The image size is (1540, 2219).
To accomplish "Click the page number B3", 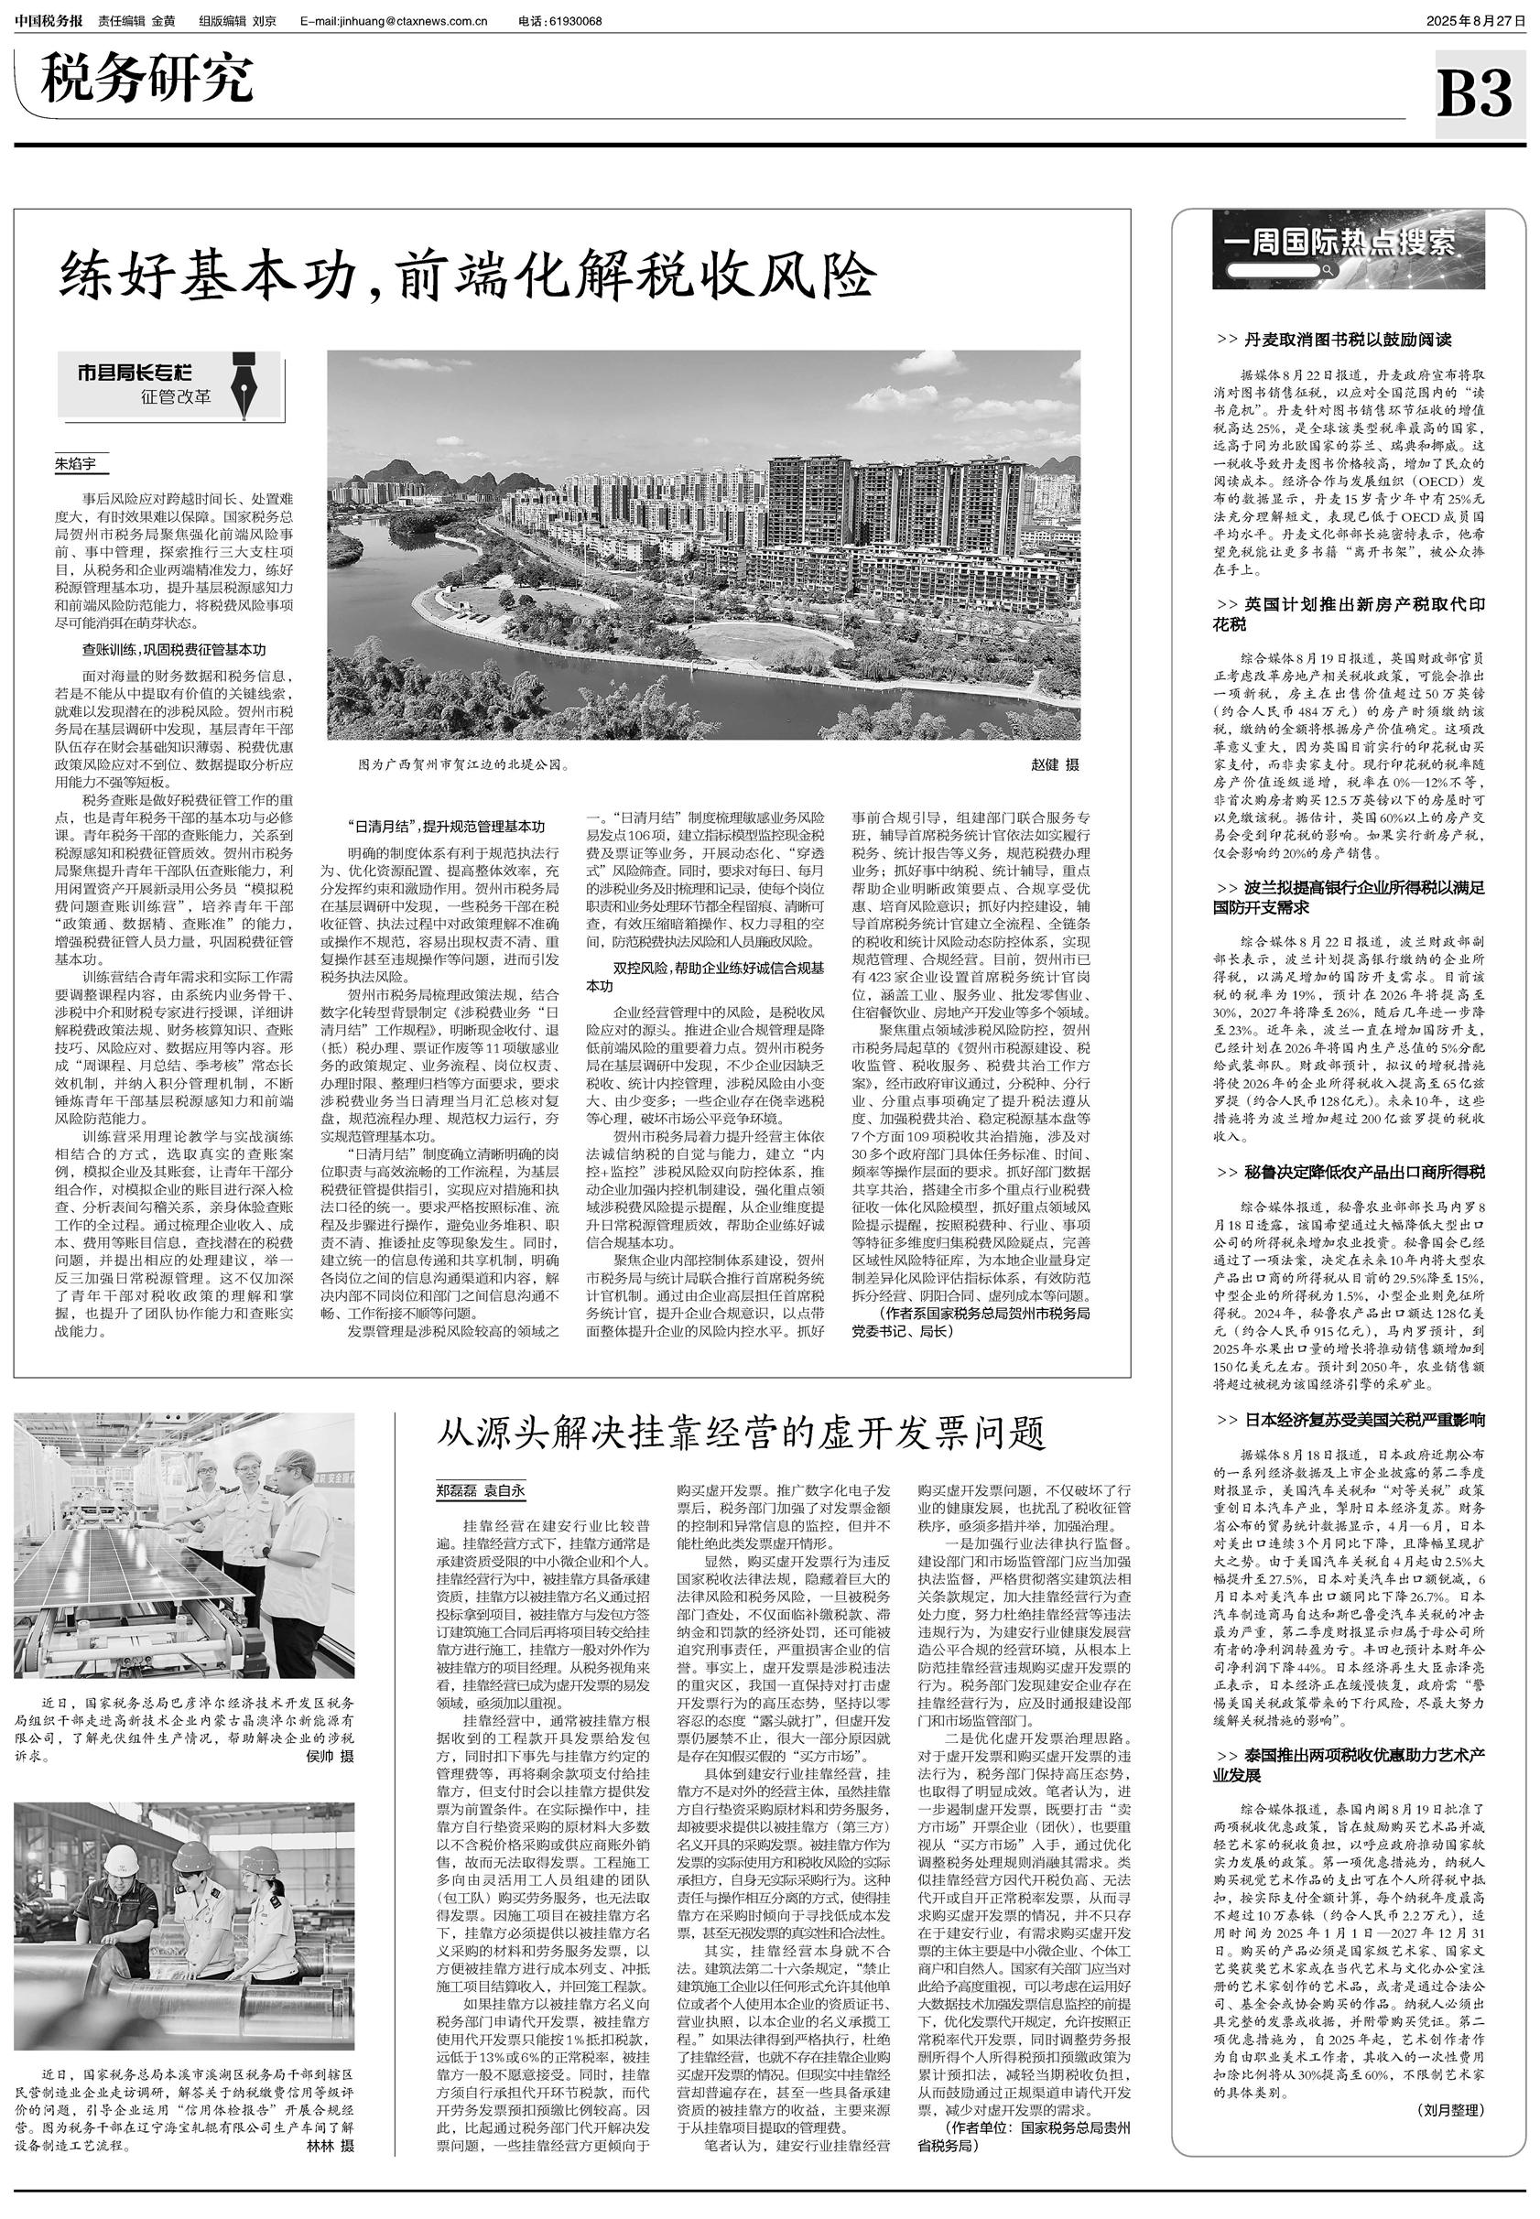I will tap(1474, 93).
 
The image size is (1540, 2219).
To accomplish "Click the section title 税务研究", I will tap(146, 80).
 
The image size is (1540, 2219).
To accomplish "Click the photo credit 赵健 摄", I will tap(1055, 765).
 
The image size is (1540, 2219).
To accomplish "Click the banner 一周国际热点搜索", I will tap(1348, 244).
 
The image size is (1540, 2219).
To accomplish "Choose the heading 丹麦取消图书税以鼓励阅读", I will tap(1336, 340).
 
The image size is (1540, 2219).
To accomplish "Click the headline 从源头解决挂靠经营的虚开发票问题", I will tap(741, 1433).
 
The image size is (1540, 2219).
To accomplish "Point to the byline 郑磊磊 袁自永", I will tap(481, 1490).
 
